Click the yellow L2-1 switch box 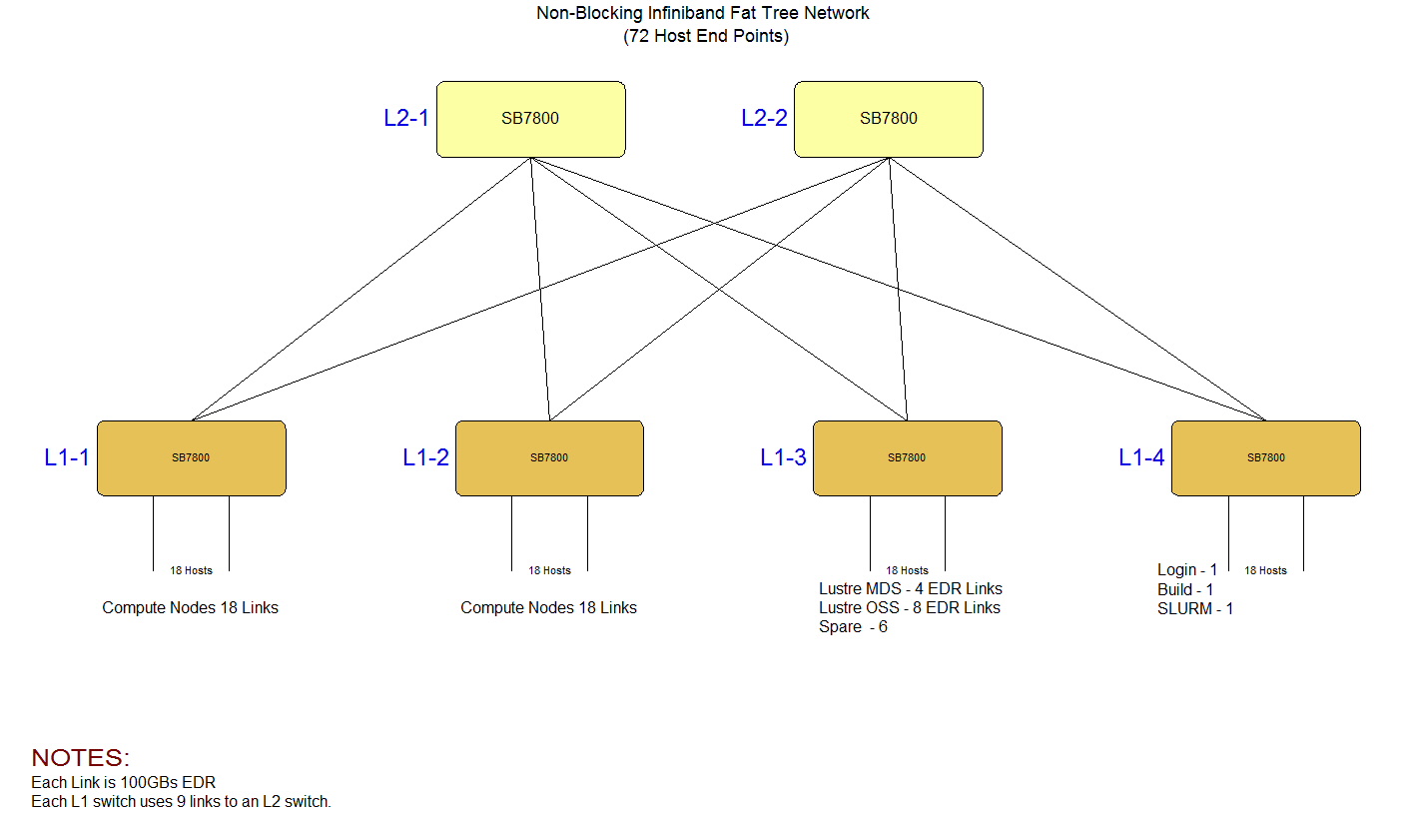click(x=530, y=119)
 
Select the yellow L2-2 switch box click(x=888, y=119)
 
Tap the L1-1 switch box click(x=191, y=457)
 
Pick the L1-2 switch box click(x=549, y=457)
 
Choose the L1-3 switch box click(x=907, y=457)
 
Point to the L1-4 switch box click(x=1265, y=457)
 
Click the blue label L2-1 click(x=406, y=118)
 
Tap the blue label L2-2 click(x=764, y=118)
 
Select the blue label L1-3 click(x=783, y=457)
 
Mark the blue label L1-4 click(x=1141, y=457)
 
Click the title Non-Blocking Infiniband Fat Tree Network click(x=703, y=14)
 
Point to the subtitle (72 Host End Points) click(x=706, y=37)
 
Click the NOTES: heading click(x=81, y=757)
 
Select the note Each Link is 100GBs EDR click(x=124, y=782)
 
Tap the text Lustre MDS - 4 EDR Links click(x=910, y=588)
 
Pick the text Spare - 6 click(x=853, y=627)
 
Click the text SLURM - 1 click(x=1195, y=608)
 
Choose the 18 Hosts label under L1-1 click(x=191, y=570)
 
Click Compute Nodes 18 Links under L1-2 click(x=548, y=607)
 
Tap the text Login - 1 click(x=1187, y=570)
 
